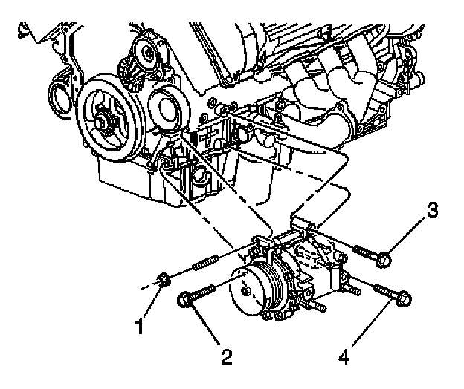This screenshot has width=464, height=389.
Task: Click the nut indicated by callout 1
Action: point(164,281)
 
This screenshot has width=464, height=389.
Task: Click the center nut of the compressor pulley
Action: point(245,291)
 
